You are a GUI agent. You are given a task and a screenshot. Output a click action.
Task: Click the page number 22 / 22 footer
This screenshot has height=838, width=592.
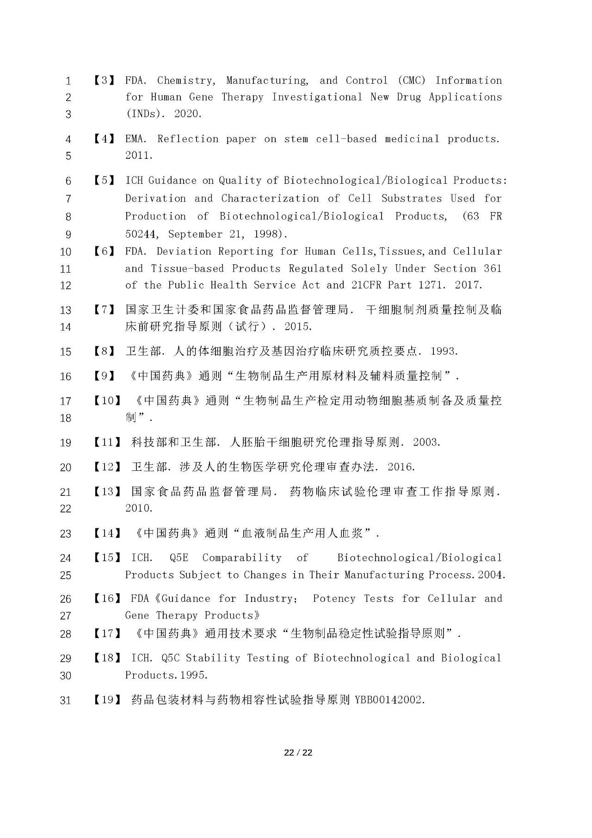point(298,752)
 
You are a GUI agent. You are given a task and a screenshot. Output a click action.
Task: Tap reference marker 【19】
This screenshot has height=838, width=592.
point(107,700)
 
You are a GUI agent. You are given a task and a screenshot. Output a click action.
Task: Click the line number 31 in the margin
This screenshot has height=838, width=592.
point(66,700)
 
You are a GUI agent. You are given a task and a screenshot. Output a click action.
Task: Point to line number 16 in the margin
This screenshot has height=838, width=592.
point(66,376)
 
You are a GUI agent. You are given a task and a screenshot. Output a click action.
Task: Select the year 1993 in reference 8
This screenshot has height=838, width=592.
point(444,351)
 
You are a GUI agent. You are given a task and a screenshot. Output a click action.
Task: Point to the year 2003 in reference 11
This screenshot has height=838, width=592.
point(426,442)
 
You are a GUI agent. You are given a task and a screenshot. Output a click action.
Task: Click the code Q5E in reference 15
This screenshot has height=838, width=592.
point(179,558)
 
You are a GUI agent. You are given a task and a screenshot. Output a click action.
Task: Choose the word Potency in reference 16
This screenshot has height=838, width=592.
point(334,599)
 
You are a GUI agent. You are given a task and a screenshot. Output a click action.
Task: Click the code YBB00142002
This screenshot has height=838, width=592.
point(389,700)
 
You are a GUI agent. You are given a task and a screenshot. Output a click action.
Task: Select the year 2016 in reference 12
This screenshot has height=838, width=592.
point(401,467)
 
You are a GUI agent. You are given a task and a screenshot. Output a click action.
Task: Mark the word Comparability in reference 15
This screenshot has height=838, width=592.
point(241,558)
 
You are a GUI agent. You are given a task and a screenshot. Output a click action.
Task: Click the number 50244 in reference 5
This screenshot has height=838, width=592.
point(141,234)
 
